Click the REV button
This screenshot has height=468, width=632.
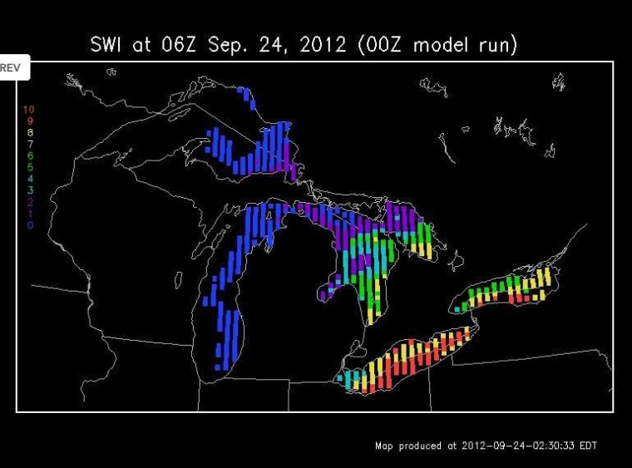[x=14, y=67]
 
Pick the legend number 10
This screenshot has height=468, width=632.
[x=29, y=110]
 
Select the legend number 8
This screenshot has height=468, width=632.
[x=30, y=132]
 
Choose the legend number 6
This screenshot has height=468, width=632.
[x=30, y=155]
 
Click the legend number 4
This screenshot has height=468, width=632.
[x=30, y=179]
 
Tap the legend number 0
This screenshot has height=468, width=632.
[x=30, y=224]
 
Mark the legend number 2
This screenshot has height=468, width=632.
[x=30, y=202]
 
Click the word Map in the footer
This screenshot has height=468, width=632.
[x=383, y=446]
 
